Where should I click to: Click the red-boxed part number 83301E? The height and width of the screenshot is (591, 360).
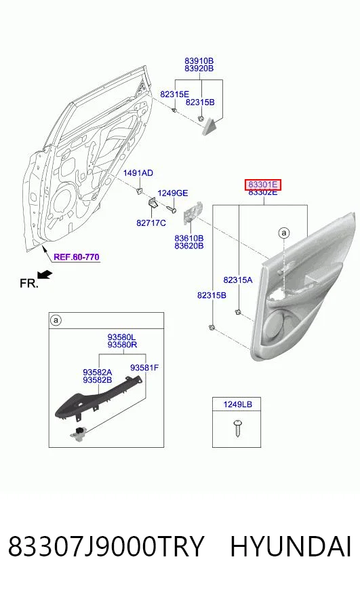(x=263, y=185)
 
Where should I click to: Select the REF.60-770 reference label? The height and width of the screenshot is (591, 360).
(x=77, y=257)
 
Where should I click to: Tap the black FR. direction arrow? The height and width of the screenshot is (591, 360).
(x=45, y=275)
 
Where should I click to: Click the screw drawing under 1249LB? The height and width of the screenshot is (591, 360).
(x=237, y=427)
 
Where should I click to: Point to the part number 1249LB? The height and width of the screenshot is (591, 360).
(x=237, y=404)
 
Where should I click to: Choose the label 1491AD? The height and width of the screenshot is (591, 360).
(x=138, y=173)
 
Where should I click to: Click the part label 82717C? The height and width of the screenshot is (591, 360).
(x=151, y=223)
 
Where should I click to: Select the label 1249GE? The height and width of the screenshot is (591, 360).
(x=172, y=193)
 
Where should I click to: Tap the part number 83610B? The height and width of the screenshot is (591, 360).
(x=189, y=238)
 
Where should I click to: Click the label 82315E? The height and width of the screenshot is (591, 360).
(x=175, y=94)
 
